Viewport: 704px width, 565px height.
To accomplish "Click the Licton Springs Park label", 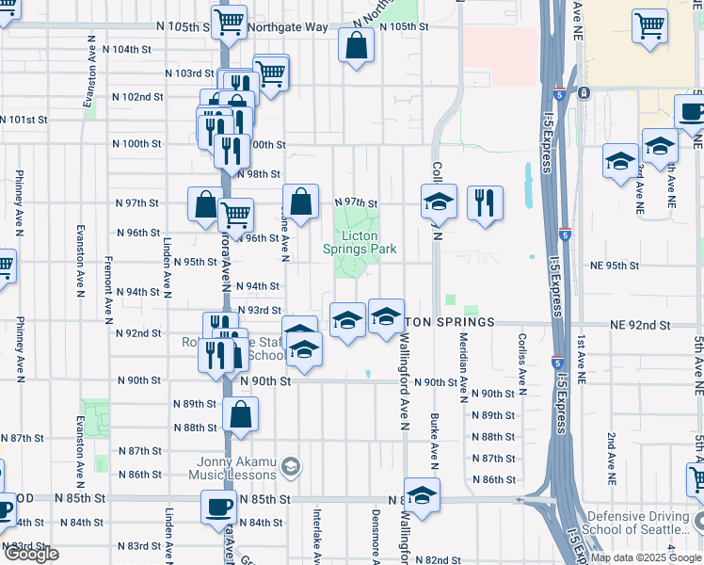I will coord(359,242).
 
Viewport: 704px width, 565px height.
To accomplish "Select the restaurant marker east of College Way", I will coord(485,202).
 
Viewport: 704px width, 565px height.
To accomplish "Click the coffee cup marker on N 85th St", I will coord(219,507).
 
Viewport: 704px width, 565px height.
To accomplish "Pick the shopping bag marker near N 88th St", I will coord(242,414).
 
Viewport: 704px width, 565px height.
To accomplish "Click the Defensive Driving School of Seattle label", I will coord(643,523).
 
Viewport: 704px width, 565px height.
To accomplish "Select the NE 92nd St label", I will coord(639,324).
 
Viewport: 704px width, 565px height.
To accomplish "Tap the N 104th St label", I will coord(126,48).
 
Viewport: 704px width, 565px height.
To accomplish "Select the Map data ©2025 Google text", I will coord(645,557).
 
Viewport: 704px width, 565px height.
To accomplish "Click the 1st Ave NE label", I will coord(582,360).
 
